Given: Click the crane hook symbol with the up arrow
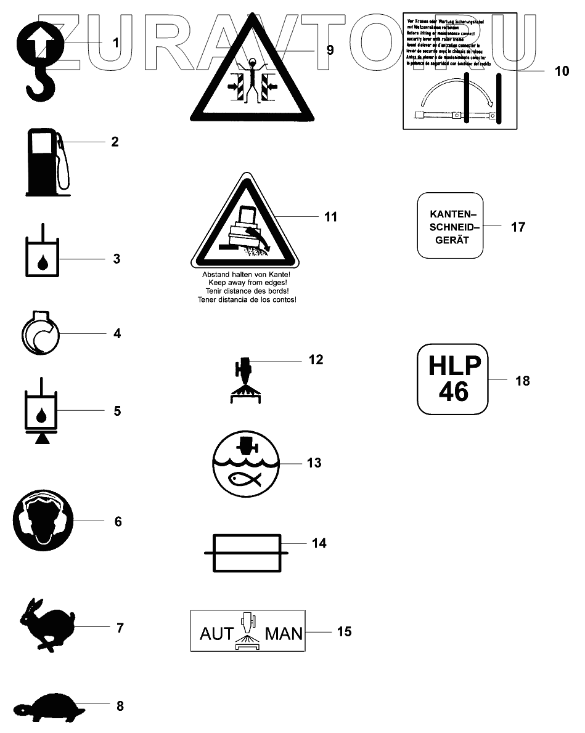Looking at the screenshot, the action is click(41, 59).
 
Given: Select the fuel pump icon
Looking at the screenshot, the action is click(45, 161).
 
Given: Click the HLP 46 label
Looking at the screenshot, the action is click(452, 379).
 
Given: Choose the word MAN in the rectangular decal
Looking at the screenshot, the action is click(284, 633).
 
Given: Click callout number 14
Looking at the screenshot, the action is click(319, 543).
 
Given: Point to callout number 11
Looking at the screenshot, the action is click(330, 217).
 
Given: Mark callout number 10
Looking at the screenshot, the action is click(562, 71).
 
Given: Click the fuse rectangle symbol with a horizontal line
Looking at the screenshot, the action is click(246, 554).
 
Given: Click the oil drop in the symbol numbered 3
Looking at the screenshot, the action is click(42, 263).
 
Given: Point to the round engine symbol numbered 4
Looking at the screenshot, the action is click(41, 334).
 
